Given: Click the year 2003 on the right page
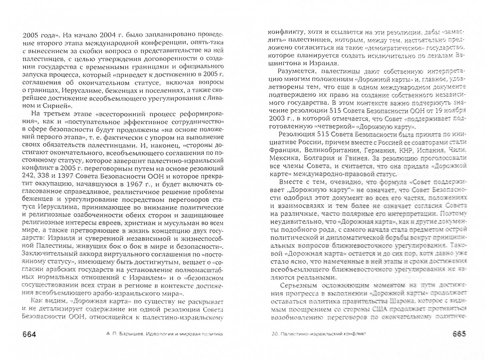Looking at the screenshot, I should (x=277, y=118).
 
